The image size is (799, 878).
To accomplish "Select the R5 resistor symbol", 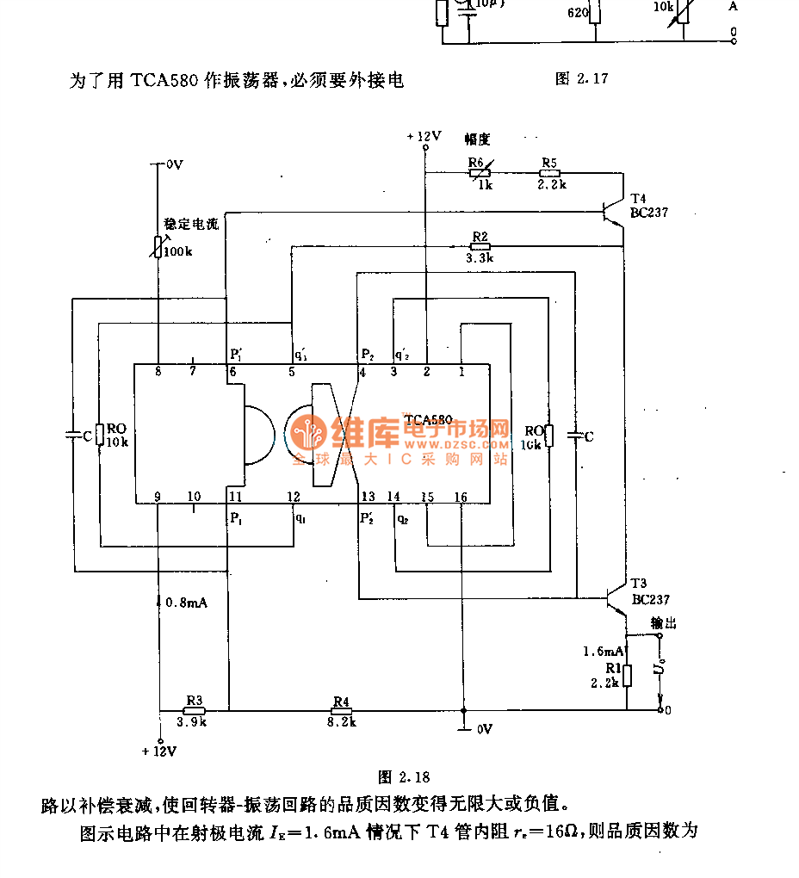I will [550, 172].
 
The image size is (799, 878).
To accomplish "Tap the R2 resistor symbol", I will [480, 246].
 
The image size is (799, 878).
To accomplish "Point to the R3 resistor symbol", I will [194, 710].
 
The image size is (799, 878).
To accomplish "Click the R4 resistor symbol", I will [341, 710].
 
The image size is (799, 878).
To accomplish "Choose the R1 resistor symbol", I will [627, 676].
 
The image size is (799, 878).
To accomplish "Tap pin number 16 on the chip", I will [461, 497].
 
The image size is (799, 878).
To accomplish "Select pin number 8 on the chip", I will [158, 372].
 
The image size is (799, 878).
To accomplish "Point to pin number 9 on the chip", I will [158, 497].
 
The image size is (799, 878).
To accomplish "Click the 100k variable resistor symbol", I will [158, 247].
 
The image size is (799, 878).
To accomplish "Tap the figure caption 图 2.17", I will [582, 79].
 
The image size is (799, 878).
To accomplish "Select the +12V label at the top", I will [424, 136].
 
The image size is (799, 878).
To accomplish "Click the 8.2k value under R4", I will [341, 723].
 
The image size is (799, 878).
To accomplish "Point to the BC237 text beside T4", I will [649, 213].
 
